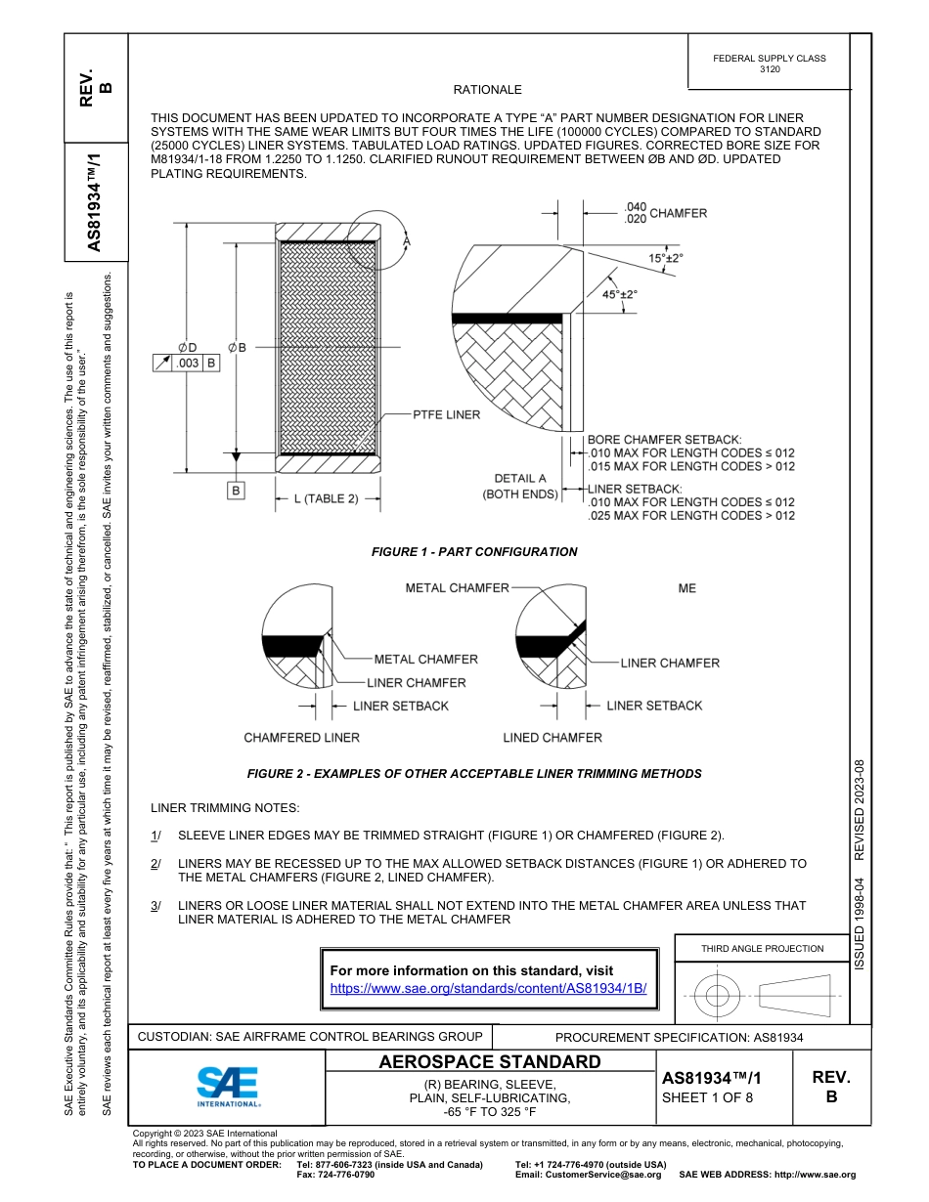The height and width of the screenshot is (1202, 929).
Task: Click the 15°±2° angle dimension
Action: tap(666, 258)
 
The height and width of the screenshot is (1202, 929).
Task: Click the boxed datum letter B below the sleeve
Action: tap(236, 491)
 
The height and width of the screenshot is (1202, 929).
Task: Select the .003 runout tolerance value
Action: tap(187, 363)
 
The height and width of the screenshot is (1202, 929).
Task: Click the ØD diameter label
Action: tap(187, 347)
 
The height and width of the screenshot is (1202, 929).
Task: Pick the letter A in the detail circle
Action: tap(407, 239)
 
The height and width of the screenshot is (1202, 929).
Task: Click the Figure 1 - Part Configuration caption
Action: tap(474, 552)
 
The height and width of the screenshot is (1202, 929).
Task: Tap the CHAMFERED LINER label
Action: tap(301, 737)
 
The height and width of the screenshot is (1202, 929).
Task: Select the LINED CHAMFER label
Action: tap(553, 737)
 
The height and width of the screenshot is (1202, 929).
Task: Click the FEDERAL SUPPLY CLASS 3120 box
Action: tap(769, 64)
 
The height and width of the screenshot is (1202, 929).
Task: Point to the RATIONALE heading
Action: tap(487, 90)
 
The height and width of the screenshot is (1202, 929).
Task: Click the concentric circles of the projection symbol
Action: tap(718, 997)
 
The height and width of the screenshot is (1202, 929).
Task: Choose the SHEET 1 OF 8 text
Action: tap(707, 1096)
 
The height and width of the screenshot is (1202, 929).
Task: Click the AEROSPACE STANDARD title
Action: tap(490, 1062)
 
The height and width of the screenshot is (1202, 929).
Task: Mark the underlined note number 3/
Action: tap(155, 906)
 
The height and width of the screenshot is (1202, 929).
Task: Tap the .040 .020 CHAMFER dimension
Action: tap(664, 213)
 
